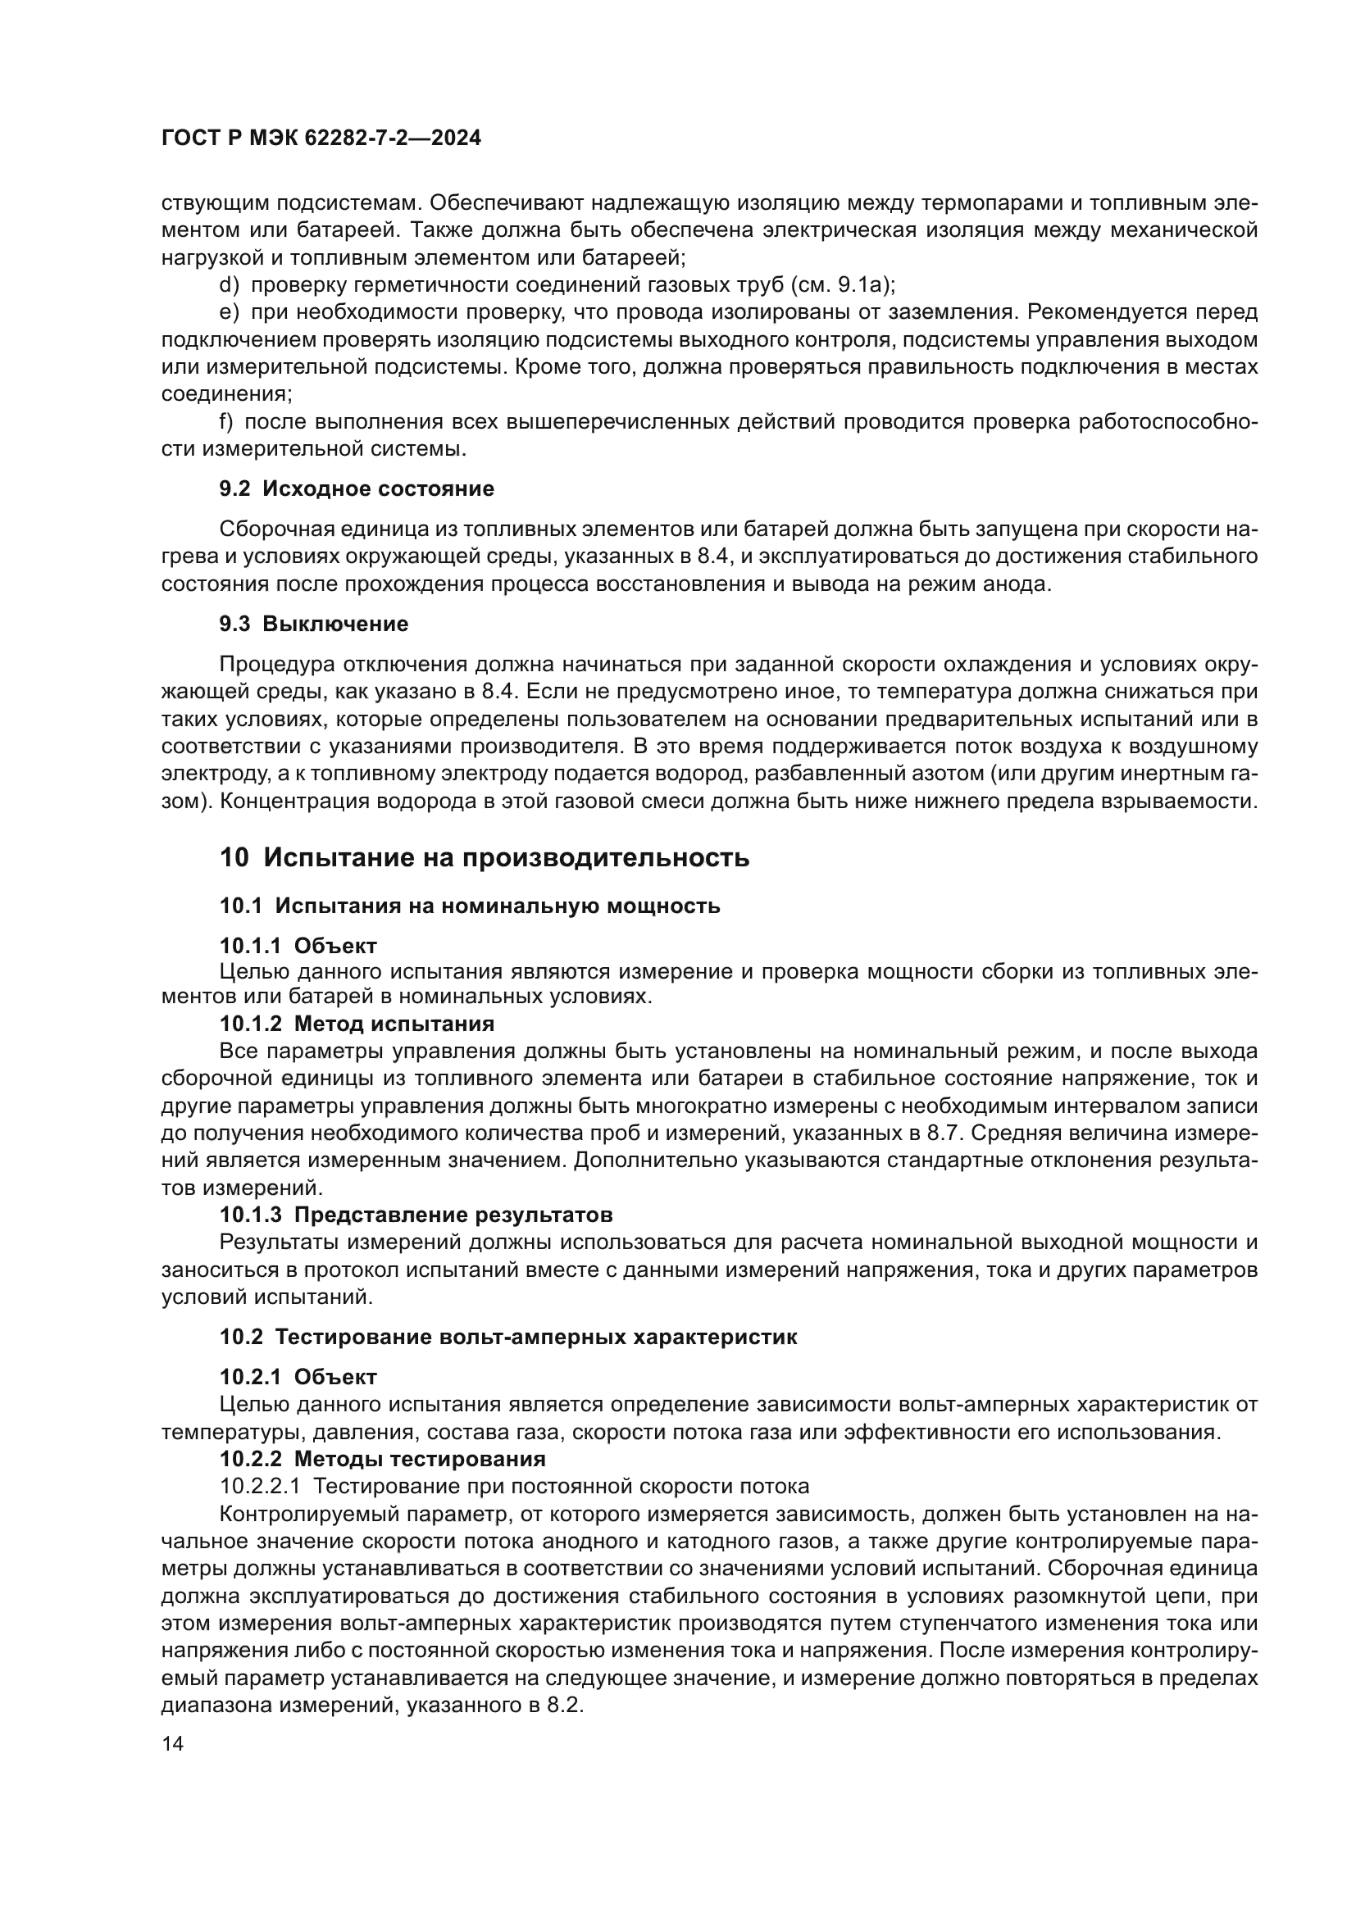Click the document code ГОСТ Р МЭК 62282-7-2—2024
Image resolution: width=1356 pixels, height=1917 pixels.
(321, 139)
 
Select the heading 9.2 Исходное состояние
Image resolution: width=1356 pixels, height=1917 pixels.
(357, 489)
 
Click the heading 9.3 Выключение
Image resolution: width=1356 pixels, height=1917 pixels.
(314, 624)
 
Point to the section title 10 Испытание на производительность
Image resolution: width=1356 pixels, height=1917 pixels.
(485, 857)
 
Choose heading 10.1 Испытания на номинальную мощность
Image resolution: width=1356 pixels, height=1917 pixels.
(469, 906)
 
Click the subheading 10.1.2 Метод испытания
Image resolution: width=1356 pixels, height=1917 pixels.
(357, 1024)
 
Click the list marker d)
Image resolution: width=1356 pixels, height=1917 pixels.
(229, 285)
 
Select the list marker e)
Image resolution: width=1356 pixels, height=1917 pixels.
(229, 313)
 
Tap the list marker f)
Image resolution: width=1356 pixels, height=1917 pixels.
(226, 422)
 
